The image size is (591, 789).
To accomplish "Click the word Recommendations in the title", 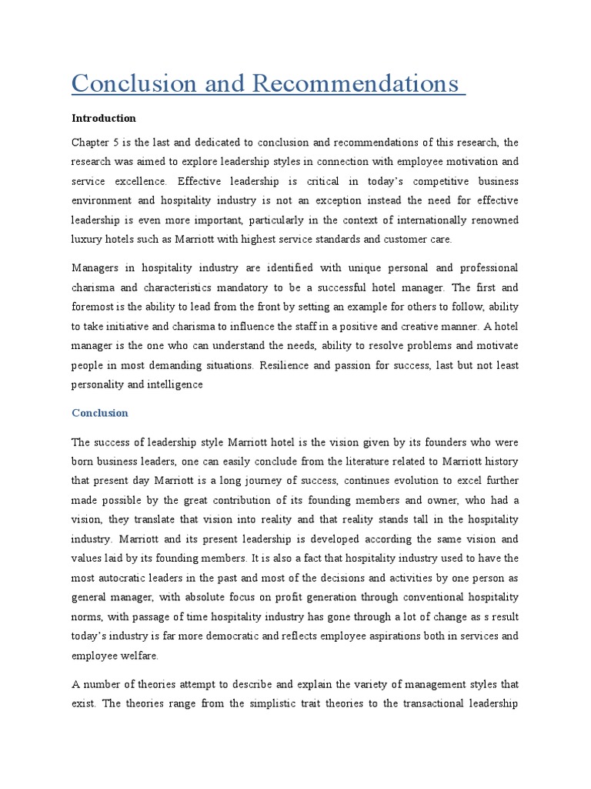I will [355, 83].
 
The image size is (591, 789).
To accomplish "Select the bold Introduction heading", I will [104, 118].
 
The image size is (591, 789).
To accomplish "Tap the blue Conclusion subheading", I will [100, 413].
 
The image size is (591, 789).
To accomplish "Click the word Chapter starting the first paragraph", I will [91, 143].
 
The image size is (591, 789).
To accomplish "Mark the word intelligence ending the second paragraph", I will [175, 384].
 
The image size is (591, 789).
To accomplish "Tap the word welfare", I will [144, 656].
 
